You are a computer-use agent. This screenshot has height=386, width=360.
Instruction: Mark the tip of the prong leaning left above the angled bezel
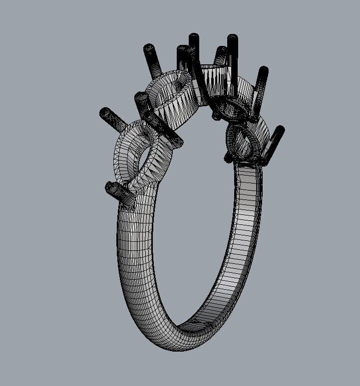point(148,48)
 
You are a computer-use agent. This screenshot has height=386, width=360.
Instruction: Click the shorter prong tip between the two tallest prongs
point(220,50)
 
